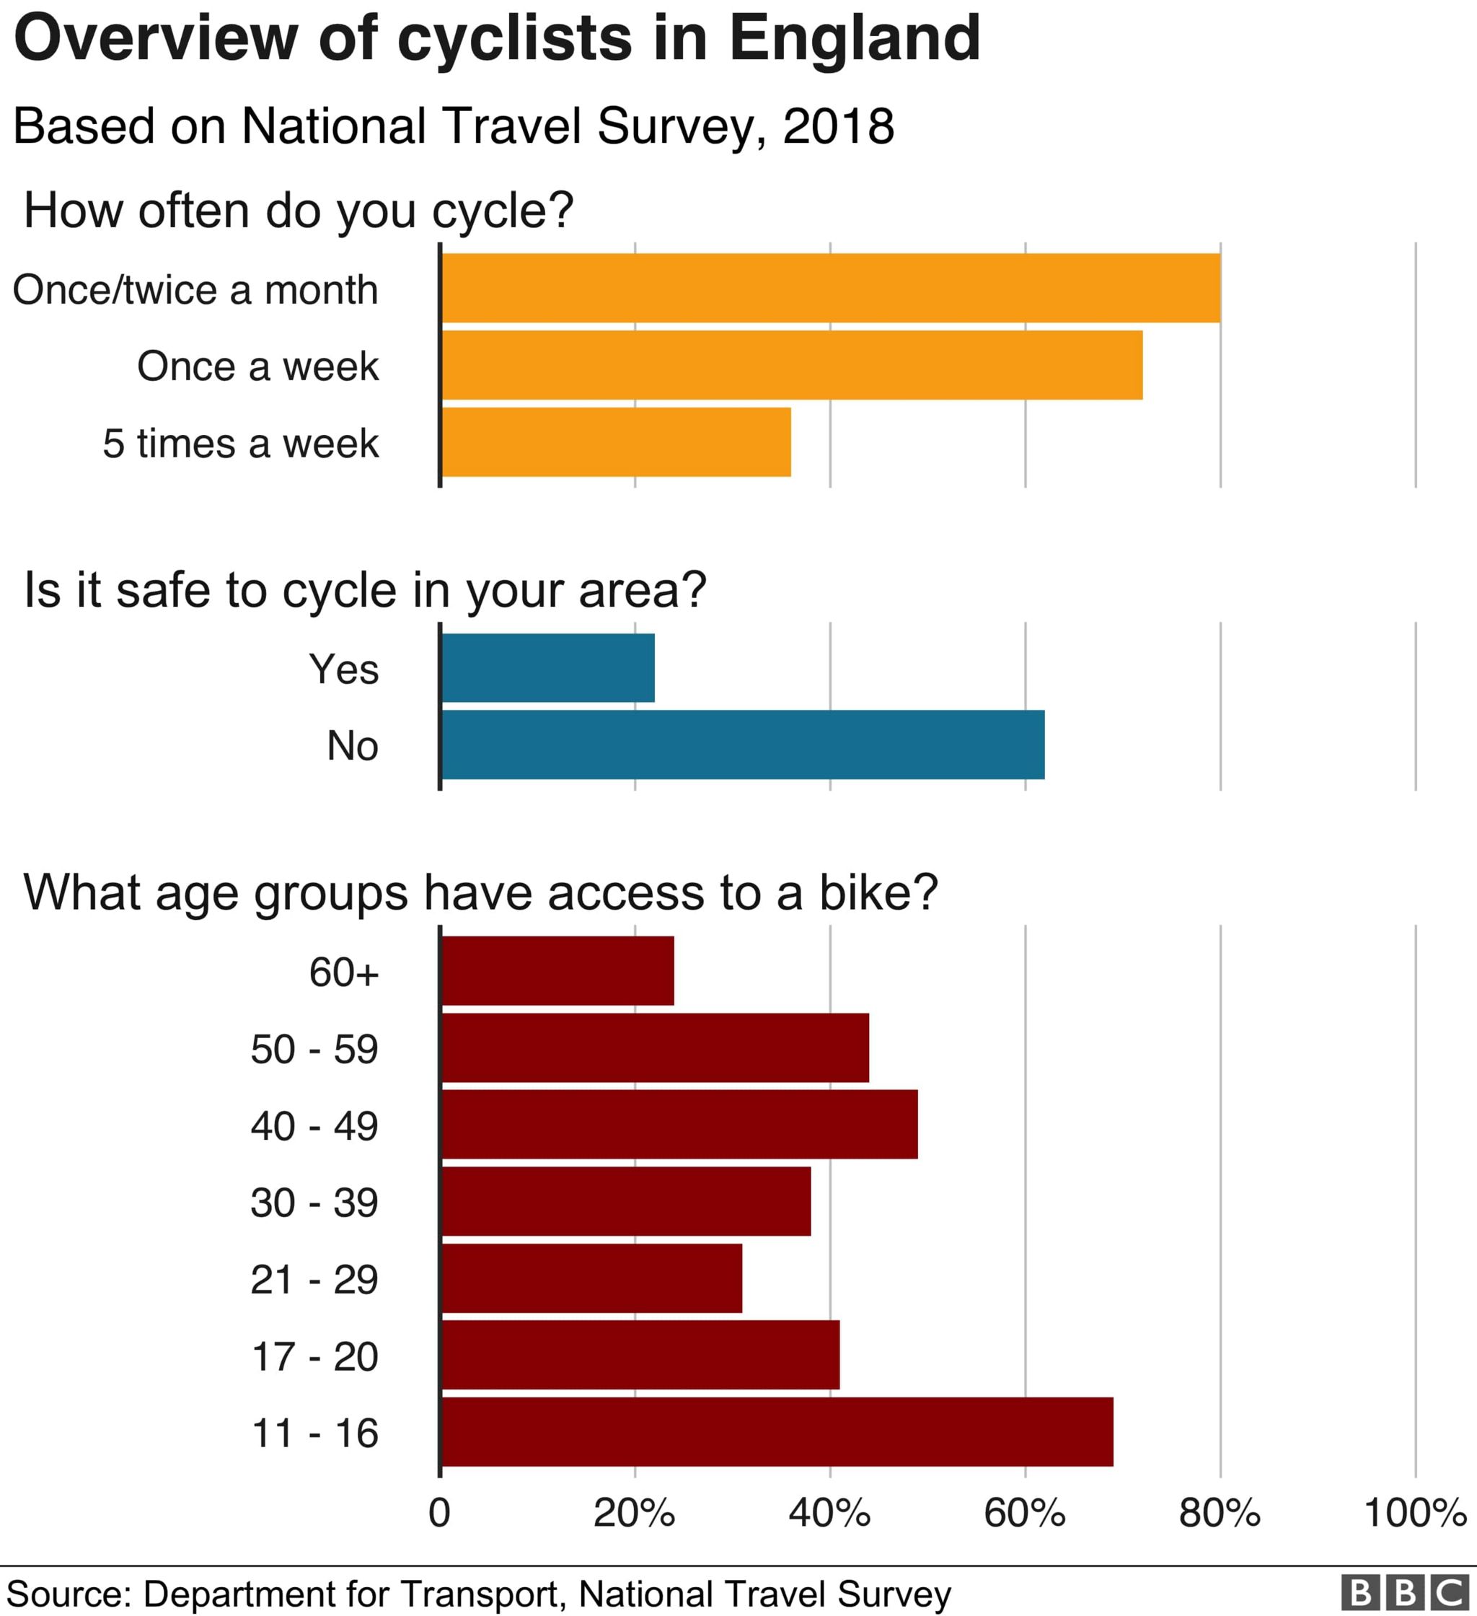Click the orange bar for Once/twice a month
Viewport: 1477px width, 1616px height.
[x=831, y=289]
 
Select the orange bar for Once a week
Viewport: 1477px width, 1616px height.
[x=792, y=366]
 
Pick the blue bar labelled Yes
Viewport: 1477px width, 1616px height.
[x=548, y=668]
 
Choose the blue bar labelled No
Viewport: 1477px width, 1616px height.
[x=743, y=745]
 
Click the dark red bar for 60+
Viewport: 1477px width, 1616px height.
[x=557, y=971]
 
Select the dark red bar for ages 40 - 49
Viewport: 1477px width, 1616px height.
[x=679, y=1125]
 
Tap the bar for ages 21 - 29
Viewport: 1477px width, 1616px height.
[x=592, y=1278]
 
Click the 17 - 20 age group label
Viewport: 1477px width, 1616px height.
[x=314, y=1356]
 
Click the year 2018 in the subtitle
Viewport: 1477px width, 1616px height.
[x=837, y=126]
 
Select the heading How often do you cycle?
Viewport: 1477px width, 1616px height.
[x=299, y=210]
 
